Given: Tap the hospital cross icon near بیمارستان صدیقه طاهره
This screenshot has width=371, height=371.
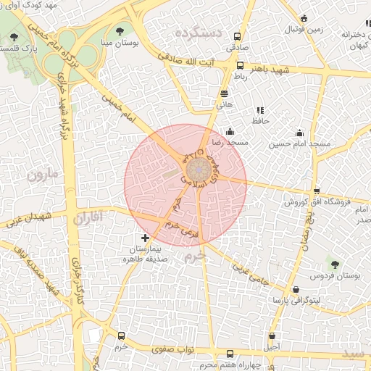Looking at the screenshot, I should coord(146,238).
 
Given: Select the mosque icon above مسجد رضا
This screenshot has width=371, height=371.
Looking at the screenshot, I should coord(230,132).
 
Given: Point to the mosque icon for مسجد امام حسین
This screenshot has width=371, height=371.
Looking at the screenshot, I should coord(299,133).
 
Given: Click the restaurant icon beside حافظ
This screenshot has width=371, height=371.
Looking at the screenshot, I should coord(259,110).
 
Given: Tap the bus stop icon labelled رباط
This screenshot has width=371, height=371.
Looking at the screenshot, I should coord(240,65).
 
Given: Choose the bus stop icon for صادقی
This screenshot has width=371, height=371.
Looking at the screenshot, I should coord(233,35).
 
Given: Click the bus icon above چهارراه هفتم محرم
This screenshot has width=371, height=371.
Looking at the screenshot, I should coord(230,354).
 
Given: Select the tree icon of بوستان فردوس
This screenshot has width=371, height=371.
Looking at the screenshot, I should coord(335,263).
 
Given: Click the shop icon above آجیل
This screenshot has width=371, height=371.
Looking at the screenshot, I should coord(272,336).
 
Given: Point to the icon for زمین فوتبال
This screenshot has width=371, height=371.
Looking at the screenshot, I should coord(303,18).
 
